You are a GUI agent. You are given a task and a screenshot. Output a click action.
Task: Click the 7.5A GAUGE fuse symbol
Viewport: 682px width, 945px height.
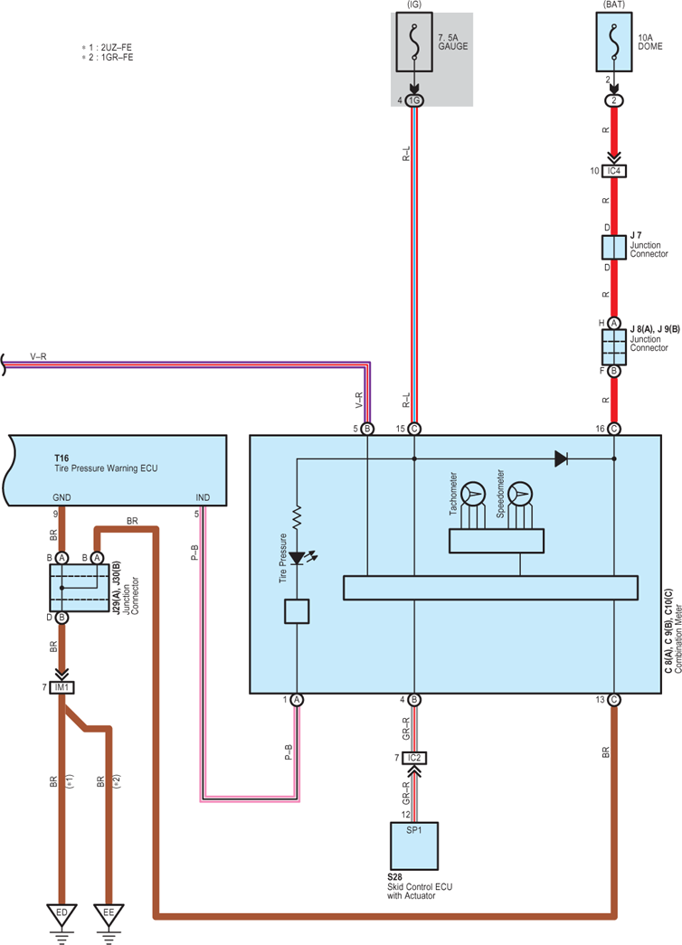pos(414,43)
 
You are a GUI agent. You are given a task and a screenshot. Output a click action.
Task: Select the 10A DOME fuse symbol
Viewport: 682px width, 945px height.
pos(614,43)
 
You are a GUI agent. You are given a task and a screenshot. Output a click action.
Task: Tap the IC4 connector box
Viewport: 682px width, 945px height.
pos(614,171)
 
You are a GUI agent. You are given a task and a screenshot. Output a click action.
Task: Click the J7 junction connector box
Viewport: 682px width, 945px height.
pos(614,248)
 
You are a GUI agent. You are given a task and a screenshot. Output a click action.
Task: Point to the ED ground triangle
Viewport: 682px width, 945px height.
pos(62,914)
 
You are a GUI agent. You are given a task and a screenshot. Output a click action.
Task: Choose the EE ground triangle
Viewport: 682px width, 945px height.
pos(109,914)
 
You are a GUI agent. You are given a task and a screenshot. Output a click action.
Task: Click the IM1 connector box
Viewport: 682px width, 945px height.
pos(62,687)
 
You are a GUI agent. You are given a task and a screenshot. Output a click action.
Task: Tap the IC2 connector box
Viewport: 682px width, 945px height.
pos(414,758)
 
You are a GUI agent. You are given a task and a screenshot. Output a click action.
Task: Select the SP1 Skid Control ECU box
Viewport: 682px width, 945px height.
pos(414,846)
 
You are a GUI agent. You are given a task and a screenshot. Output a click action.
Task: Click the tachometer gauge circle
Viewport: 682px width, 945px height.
pos(473,494)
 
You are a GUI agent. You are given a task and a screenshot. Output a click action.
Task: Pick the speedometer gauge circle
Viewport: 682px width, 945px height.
pos(520,494)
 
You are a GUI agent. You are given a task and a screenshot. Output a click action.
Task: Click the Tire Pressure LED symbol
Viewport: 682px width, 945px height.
pos(299,558)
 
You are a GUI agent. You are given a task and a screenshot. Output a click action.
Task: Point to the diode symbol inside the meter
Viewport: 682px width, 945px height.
pos(561,459)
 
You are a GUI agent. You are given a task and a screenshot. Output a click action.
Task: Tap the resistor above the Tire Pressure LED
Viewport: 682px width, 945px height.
pos(297,518)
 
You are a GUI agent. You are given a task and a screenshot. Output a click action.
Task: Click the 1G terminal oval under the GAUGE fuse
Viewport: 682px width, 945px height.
pos(414,100)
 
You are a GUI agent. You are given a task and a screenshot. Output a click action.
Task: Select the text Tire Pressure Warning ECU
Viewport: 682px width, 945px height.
pos(106,468)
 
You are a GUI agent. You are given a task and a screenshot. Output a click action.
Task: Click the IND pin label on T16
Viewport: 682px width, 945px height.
pos(203,497)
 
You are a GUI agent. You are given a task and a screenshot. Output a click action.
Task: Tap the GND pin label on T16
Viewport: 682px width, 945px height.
pos(62,497)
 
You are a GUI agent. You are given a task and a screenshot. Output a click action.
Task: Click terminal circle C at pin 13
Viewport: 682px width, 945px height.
pos(614,700)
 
